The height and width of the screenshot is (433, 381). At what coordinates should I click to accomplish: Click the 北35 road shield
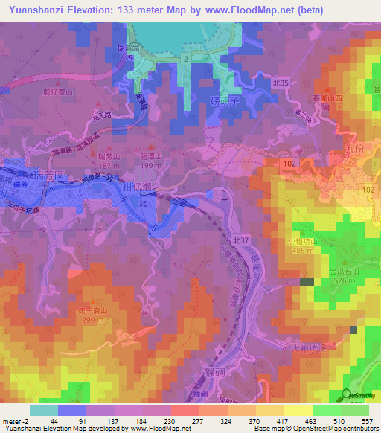click(280, 84)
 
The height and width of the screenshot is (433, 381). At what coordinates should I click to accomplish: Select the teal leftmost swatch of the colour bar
click(43, 409)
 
